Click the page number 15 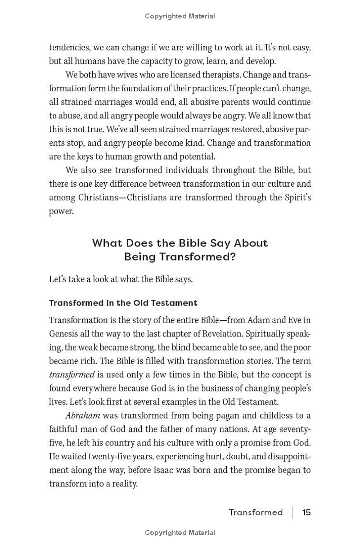[306, 512]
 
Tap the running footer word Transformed [256, 512]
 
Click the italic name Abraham [82, 416]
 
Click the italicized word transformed [72, 375]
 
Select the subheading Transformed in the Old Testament [123, 303]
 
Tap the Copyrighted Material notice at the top [180, 16]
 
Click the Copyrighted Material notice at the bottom [180, 533]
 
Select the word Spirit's [296, 198]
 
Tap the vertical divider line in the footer [292, 512]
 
